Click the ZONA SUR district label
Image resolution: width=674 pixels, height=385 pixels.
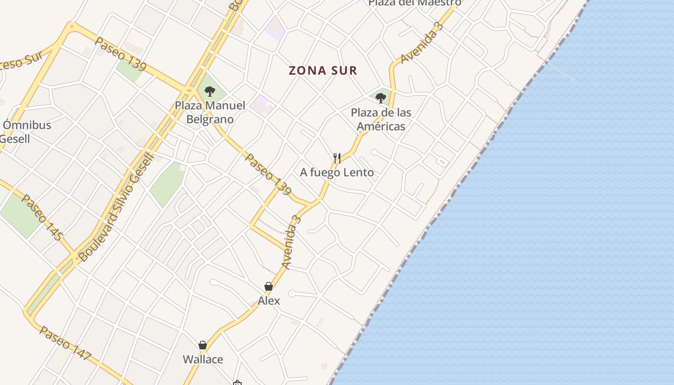[x=323, y=71]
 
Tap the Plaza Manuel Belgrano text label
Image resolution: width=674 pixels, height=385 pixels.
[x=210, y=112]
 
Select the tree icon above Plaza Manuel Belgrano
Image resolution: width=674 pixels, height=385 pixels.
[x=209, y=91]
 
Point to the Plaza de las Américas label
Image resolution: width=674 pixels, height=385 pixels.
[x=381, y=119]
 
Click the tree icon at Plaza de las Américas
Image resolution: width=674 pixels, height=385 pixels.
[x=381, y=98]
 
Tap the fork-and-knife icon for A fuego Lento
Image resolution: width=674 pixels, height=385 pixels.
[x=337, y=158]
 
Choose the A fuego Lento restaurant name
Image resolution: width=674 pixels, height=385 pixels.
[x=337, y=172]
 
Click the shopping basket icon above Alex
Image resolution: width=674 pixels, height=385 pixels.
[x=269, y=286]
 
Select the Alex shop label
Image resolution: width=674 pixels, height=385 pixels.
[x=269, y=301]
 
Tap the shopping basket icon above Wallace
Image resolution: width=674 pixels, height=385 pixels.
[x=203, y=345]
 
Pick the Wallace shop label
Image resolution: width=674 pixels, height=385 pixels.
[x=203, y=359]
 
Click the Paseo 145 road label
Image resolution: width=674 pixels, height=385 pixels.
[x=42, y=217]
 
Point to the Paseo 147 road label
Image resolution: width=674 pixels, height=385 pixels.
[x=65, y=343]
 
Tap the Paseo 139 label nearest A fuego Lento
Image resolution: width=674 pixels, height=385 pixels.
[x=268, y=174]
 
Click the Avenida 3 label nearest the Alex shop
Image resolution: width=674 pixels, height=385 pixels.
[x=291, y=242]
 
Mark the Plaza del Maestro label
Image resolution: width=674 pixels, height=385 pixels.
[x=414, y=3]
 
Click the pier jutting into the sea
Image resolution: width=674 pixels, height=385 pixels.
[x=561, y=72]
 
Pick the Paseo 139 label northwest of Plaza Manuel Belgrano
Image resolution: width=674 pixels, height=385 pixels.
[x=117, y=54]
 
